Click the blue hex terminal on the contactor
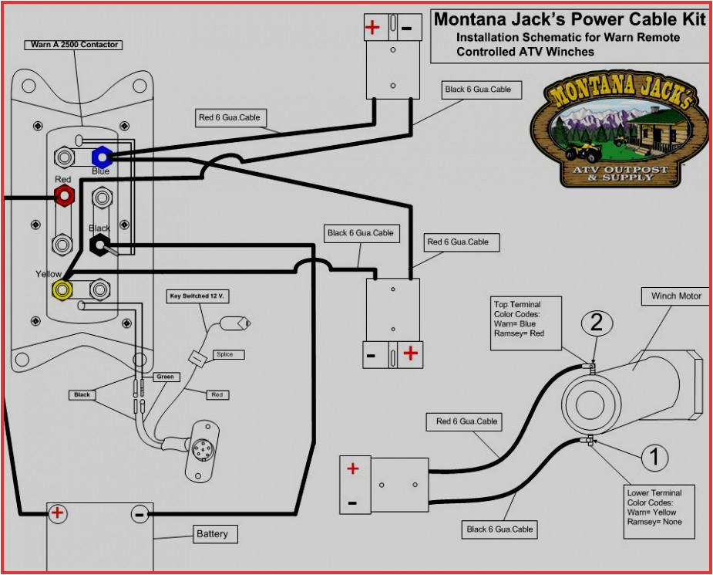101,157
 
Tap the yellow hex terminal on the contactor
61,289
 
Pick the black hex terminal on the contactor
99,245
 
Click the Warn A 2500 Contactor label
75,45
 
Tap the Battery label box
212,534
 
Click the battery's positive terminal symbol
57,512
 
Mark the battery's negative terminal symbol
140,512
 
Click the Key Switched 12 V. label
200,296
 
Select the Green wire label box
166,377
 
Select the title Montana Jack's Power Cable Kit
569,19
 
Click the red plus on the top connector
372,28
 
